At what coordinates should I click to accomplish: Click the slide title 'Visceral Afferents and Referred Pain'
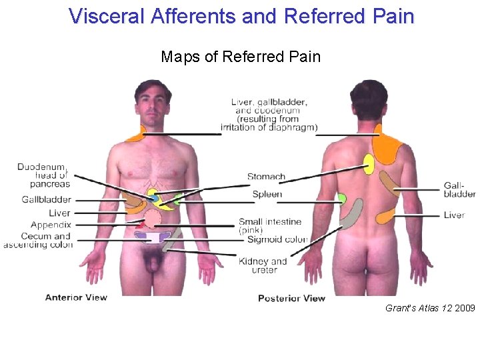point(241,15)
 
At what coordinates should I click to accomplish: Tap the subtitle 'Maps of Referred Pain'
point(241,57)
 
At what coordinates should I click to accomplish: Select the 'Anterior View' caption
point(76,297)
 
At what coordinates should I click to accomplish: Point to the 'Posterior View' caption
point(291,298)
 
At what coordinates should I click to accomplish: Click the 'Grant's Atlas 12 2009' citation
point(430,309)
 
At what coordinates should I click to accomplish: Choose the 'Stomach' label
point(266,177)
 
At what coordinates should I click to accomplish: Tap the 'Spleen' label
point(267,194)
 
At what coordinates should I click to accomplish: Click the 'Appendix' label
point(51,225)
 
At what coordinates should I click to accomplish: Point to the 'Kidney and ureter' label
point(263,265)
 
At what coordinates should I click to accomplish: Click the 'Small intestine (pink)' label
point(270,225)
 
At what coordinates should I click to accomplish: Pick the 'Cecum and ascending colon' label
point(40,241)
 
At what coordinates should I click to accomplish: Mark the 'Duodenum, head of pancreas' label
point(44,175)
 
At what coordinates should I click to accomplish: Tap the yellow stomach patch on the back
point(369,164)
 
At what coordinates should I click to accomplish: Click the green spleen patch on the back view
point(341,198)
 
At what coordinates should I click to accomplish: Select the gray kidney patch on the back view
point(353,214)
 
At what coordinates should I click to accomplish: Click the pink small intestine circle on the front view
point(153,217)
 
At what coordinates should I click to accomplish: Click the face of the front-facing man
point(153,103)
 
